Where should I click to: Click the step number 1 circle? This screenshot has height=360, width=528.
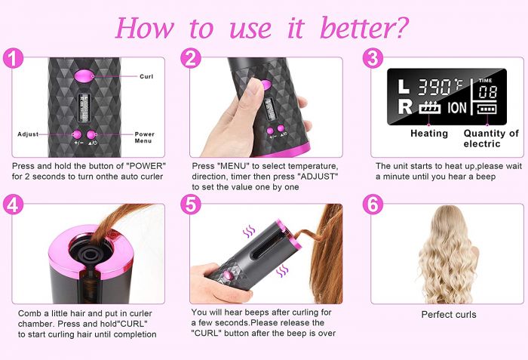click(13, 58)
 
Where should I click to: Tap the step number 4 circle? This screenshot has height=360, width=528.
click(13, 205)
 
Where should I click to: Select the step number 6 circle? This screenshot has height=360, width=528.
click(373, 205)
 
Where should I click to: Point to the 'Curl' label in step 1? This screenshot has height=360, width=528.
click(146, 76)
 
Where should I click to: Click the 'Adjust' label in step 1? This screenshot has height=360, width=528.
click(28, 134)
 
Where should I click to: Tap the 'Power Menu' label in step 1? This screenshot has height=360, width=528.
click(145, 137)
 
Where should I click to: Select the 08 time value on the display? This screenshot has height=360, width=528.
click(487, 91)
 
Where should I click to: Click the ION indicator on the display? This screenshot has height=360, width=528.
click(457, 108)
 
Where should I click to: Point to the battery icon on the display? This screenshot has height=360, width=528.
click(487, 109)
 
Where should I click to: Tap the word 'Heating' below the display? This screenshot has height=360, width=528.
click(429, 134)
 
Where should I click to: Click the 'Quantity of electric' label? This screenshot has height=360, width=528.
click(491, 139)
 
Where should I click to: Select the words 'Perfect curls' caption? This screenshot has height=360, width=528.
click(449, 315)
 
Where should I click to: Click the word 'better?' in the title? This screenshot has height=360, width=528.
click(364, 28)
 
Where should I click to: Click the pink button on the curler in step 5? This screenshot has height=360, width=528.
click(229, 275)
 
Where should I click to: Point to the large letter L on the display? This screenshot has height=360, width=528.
click(404, 86)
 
